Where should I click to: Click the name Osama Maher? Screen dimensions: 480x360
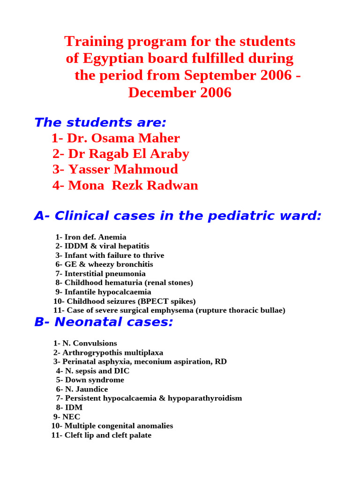pyautogui.click(x=123, y=138)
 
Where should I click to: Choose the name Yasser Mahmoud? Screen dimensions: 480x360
pyautogui.click(x=123, y=169)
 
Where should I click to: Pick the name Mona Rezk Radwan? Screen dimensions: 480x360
pyautogui.click(x=133, y=185)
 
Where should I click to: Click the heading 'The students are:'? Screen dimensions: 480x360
pyautogui.click(x=100, y=123)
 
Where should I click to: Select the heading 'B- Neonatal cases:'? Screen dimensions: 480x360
pyautogui.click(x=104, y=322)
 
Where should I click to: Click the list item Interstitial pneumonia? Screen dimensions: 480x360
pyautogui.click(x=105, y=274)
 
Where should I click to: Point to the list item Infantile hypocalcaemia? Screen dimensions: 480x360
pyautogui.click(x=108, y=292)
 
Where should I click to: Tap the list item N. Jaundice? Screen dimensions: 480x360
pyautogui.click(x=86, y=389)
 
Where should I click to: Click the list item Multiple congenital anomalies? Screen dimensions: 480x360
pyautogui.click(x=119, y=426)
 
